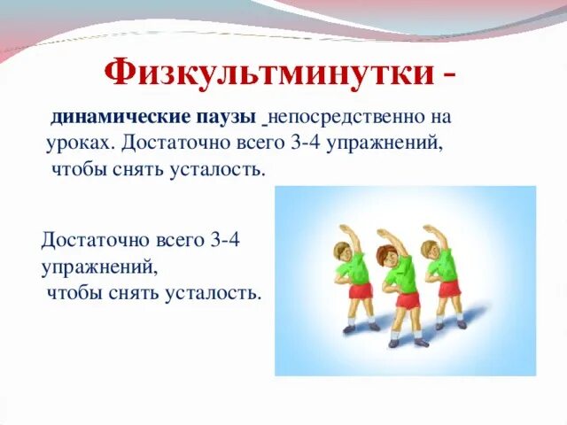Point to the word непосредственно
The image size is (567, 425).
pos(350,118)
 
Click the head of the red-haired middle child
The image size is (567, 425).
pos(386,256)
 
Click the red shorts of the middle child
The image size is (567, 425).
pos(406,299)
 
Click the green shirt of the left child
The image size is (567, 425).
pos(353,268)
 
